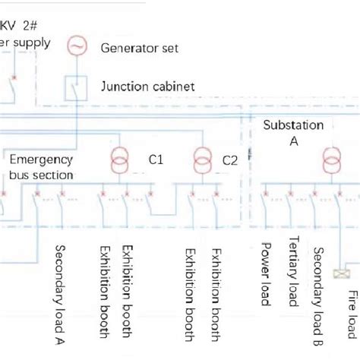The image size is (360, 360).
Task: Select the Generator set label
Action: click(140, 48)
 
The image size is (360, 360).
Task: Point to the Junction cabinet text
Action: click(147, 87)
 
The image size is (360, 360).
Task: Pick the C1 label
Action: click(156, 160)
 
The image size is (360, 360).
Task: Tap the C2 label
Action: click(230, 160)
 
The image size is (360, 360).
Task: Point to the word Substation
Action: click(293, 125)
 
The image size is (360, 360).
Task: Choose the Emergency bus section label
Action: click(41, 167)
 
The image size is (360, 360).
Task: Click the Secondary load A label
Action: click(59, 293)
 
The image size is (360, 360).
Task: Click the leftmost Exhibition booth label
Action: click(105, 292)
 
